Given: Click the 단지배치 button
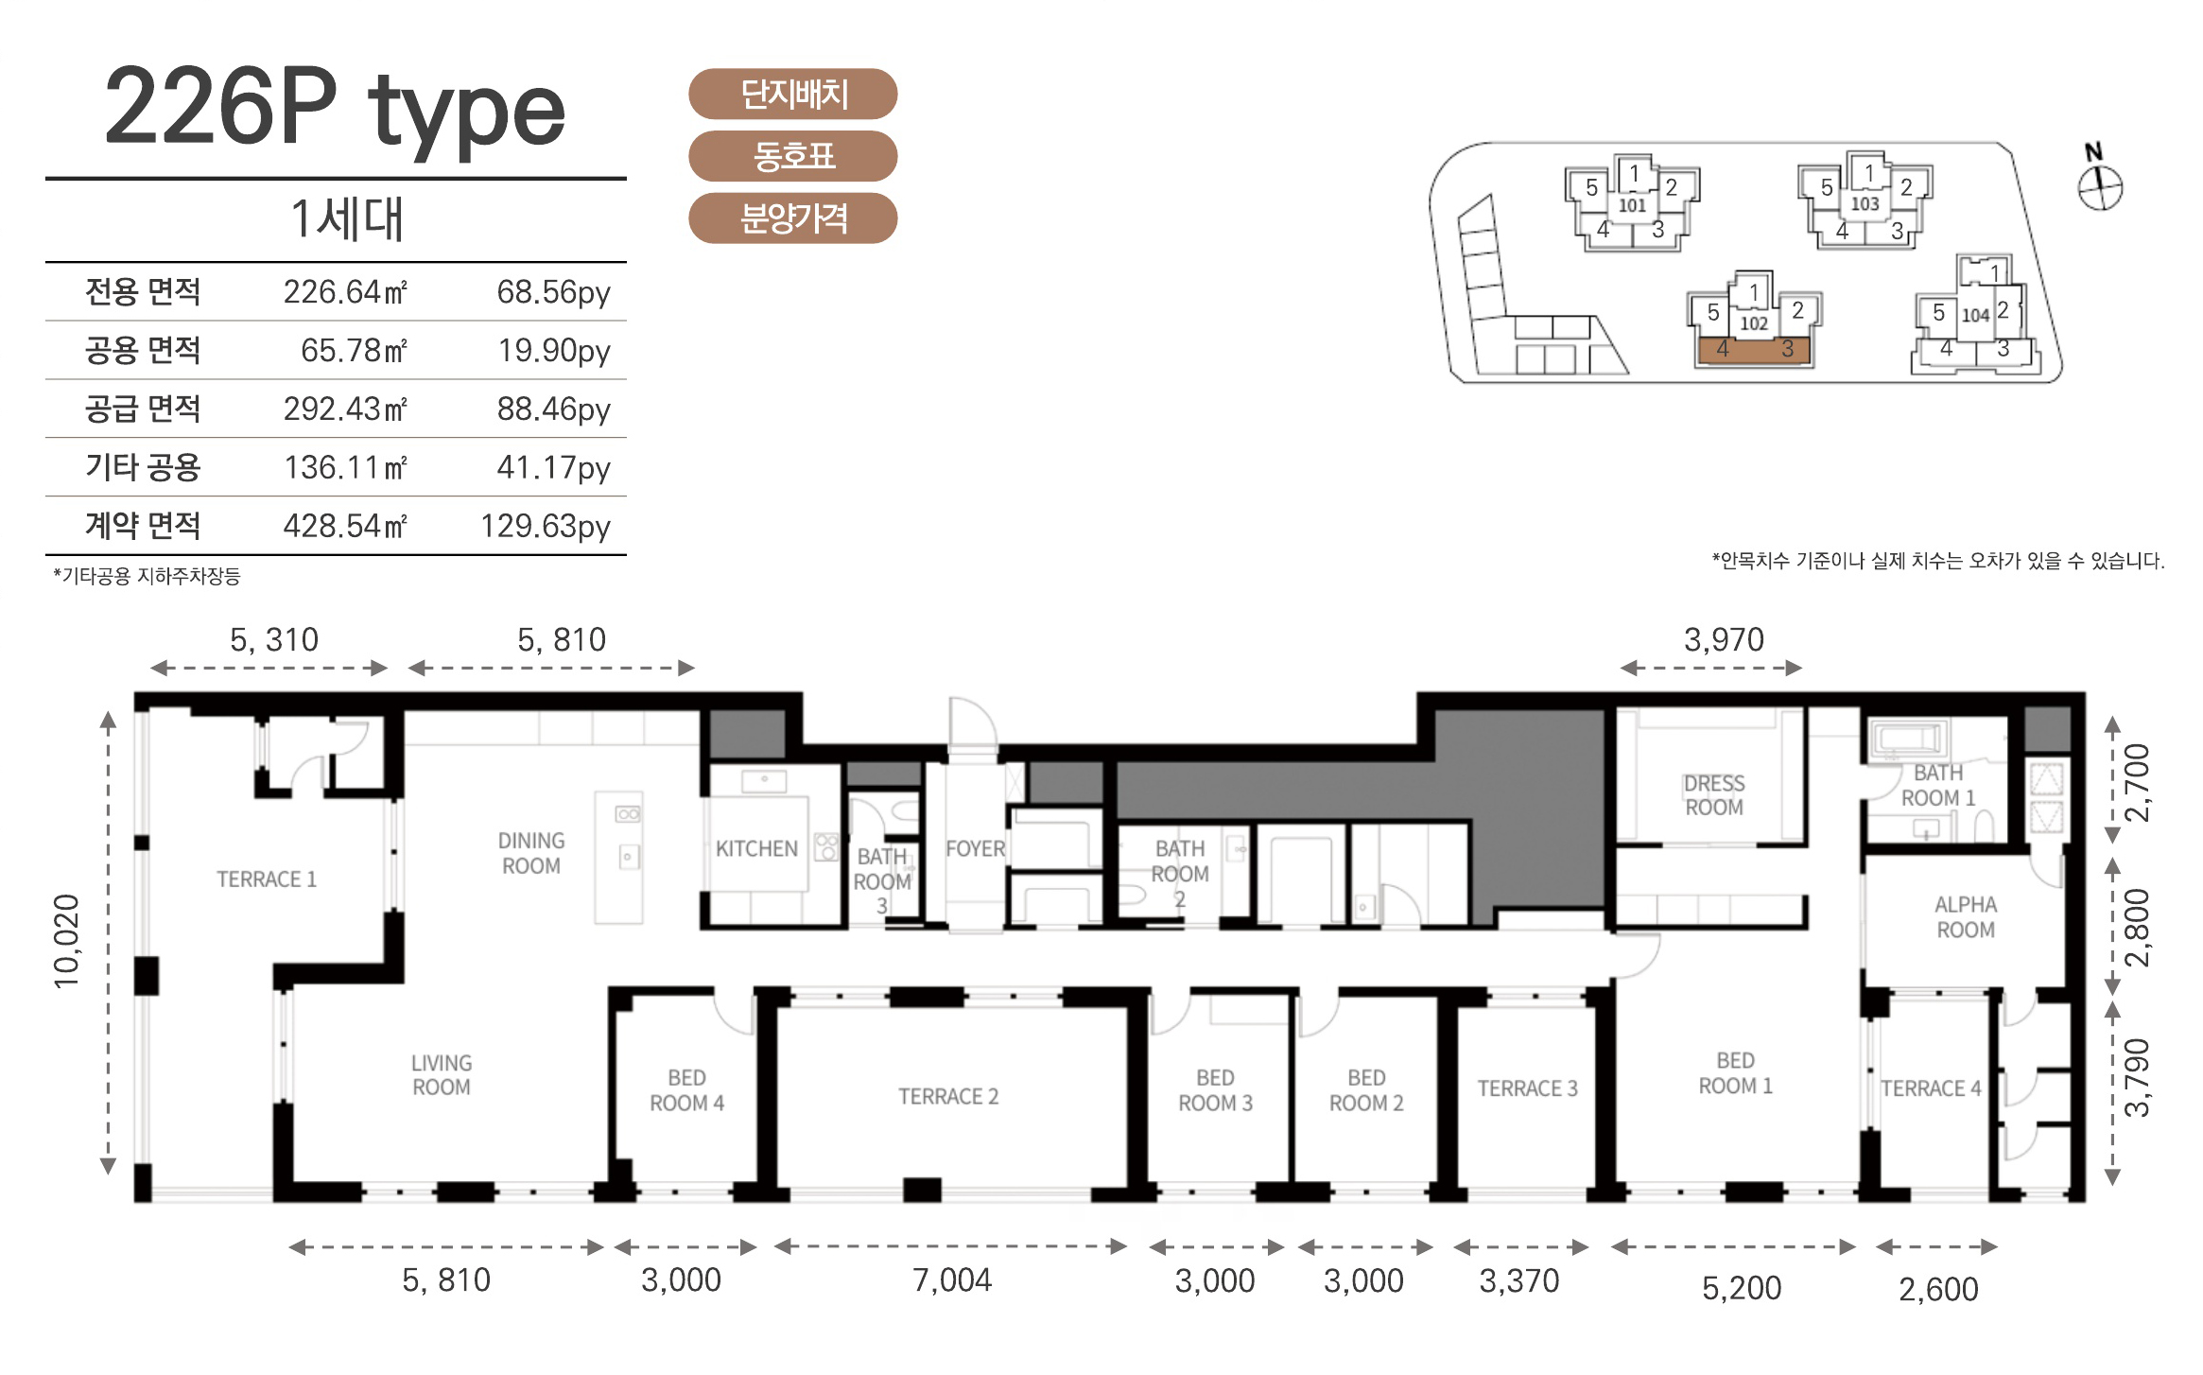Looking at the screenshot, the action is pyautogui.click(x=792, y=94).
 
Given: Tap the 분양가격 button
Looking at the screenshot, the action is pyautogui.click(x=792, y=218).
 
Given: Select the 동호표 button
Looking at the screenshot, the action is pyautogui.click(x=792, y=156).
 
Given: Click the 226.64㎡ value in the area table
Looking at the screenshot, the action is pyautogui.click(x=345, y=291).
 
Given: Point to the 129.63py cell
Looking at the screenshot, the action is pyautogui.click(x=546, y=526).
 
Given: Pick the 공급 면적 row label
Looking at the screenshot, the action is pyautogui.click(x=143, y=409).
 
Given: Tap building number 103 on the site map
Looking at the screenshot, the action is pyautogui.click(x=1865, y=203).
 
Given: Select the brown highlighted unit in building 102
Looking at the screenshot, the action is pyautogui.click(x=1754, y=350).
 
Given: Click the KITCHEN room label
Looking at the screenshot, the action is pyautogui.click(x=756, y=849).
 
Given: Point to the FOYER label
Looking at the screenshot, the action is pyautogui.click(x=975, y=849).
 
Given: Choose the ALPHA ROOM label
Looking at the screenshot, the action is pyautogui.click(x=1966, y=917).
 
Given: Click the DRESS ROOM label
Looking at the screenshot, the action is pyautogui.click(x=1714, y=795).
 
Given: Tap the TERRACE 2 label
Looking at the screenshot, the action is pyautogui.click(x=948, y=1097).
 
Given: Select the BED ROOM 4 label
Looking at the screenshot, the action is pyautogui.click(x=686, y=1090).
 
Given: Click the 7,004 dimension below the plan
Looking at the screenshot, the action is pyautogui.click(x=952, y=1280).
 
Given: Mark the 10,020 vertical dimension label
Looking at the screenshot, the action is pyautogui.click(x=67, y=941).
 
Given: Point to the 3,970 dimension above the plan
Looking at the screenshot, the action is pyautogui.click(x=1724, y=640).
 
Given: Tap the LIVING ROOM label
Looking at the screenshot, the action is pyautogui.click(x=441, y=1075).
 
